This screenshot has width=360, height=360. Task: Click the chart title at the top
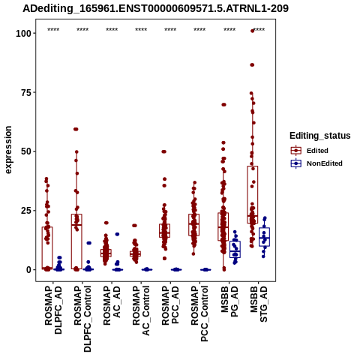click(x=155, y=8)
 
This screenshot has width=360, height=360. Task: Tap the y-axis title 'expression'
click(x=8, y=150)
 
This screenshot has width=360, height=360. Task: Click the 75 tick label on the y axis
click(x=26, y=92)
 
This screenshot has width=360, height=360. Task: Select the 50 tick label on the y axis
click(x=26, y=151)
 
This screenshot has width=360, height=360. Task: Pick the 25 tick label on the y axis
click(x=26, y=211)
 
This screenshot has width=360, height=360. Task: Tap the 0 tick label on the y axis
click(x=29, y=270)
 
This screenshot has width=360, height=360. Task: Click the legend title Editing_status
click(x=320, y=136)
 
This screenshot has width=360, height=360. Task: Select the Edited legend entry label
click(x=317, y=151)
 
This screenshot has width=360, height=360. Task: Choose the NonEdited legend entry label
click(x=325, y=163)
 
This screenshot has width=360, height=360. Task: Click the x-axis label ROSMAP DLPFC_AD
click(x=53, y=310)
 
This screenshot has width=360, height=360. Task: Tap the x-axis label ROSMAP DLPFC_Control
click(x=82, y=319)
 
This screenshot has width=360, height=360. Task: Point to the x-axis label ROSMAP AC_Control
click(x=141, y=310)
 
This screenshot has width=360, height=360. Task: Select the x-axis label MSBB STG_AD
click(x=259, y=304)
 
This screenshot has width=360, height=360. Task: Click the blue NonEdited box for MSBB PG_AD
click(x=235, y=249)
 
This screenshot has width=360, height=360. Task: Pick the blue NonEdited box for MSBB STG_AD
click(x=264, y=237)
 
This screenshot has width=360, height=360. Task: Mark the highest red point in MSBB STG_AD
click(x=252, y=31)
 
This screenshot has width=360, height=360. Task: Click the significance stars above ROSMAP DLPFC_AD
click(x=53, y=30)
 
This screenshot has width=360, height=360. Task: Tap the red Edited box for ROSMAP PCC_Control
click(x=194, y=225)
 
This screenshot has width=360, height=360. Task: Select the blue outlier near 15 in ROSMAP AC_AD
click(x=117, y=234)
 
